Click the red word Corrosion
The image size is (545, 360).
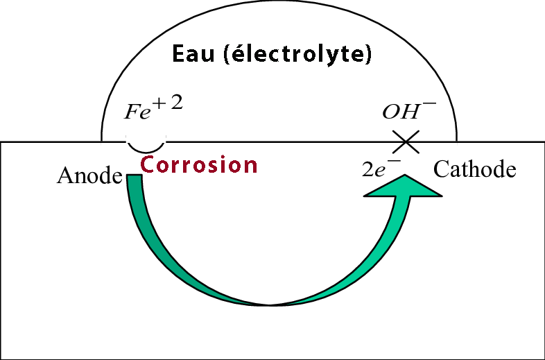199,164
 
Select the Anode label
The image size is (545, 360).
89,175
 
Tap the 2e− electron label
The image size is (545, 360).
382,169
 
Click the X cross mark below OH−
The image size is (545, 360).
406,142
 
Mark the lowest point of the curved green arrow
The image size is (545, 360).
270,303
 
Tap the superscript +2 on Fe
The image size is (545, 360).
170,104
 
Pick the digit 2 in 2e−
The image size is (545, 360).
368,171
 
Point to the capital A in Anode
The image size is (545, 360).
64,175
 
